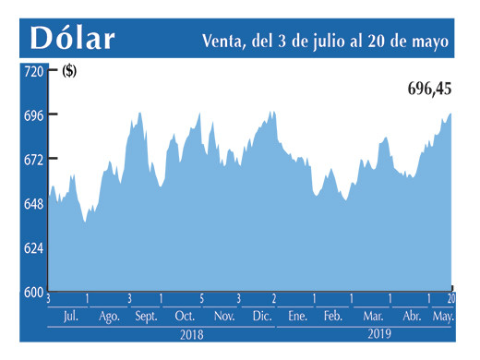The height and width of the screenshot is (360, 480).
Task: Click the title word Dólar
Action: tap(73, 39)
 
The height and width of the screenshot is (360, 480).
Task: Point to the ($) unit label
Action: tap(69, 72)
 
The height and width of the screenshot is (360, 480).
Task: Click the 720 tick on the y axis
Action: tap(32, 71)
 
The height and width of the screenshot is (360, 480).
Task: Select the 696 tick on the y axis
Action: tap(32, 115)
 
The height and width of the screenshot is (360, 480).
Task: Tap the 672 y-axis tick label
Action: tap(32, 160)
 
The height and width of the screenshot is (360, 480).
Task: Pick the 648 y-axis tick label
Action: tap(32, 204)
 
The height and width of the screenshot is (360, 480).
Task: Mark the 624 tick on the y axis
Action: tap(32, 248)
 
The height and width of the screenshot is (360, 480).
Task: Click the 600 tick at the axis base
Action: tap(32, 292)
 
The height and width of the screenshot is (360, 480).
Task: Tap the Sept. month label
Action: tap(146, 316)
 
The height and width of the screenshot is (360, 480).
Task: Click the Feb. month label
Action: tap(332, 316)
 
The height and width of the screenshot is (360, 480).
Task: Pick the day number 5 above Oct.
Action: tap(201, 299)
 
